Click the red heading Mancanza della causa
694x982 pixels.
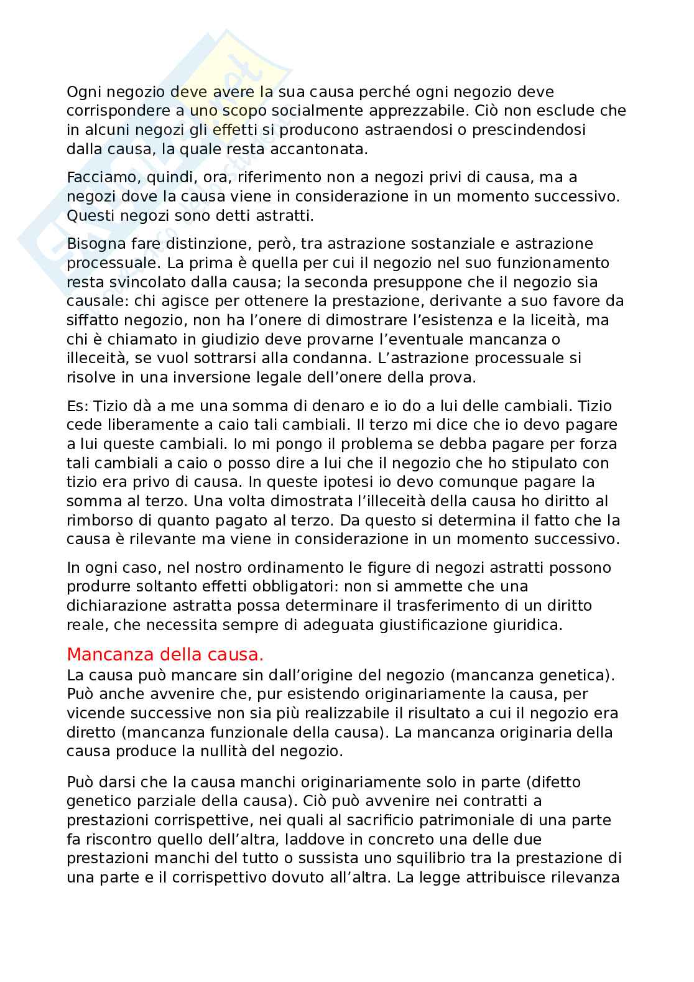pyautogui.click(x=165, y=655)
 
